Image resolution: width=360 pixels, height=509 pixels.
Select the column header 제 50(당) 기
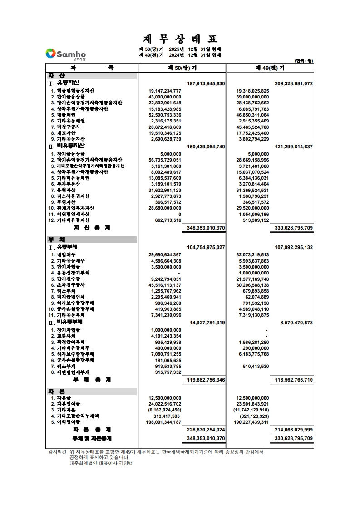pos(182,68)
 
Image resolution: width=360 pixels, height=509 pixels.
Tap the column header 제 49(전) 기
pos(270,68)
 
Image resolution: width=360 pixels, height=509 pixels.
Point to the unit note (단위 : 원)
pos(304,61)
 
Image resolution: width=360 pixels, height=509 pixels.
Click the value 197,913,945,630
pos(206,84)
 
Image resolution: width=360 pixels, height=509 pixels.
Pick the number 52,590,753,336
pos(164,115)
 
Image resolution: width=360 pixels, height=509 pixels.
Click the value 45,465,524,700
pos(252,127)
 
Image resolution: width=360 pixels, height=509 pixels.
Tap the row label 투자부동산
pos(69,184)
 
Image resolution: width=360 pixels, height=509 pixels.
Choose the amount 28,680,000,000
pos(164,208)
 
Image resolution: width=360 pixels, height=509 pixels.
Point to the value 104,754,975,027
pos(206,247)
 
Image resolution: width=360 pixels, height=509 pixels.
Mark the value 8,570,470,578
pos(294,323)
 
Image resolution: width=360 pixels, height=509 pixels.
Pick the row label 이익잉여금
pos(69,422)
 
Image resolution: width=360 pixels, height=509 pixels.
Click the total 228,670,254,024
pos(206,430)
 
